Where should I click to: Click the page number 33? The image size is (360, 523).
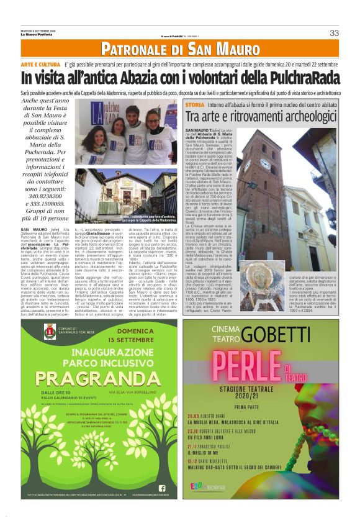click(x=334, y=33)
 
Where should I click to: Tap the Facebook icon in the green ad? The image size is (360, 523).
click(x=163, y=488)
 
